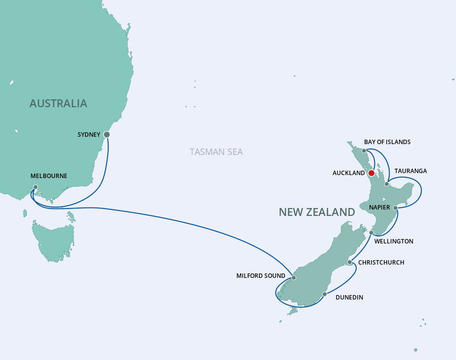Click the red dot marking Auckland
(x=371, y=173)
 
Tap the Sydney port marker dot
(x=107, y=134)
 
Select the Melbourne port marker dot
(x=35, y=187)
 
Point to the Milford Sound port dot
(x=293, y=278)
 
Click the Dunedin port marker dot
(x=324, y=294)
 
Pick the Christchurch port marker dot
(x=350, y=263)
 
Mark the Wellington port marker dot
(x=371, y=233)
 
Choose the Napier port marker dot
(x=395, y=208)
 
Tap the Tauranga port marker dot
(x=387, y=184)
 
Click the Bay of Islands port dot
(x=364, y=150)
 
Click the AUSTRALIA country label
(x=58, y=103)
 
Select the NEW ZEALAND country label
(x=316, y=212)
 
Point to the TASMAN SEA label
(x=216, y=151)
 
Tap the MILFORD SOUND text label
(x=260, y=276)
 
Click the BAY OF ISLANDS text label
(x=387, y=142)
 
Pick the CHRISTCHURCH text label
(x=381, y=263)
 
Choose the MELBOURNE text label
(x=49, y=176)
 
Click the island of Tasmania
(x=53, y=241)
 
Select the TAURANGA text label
(x=410, y=171)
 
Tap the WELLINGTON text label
(x=394, y=241)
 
